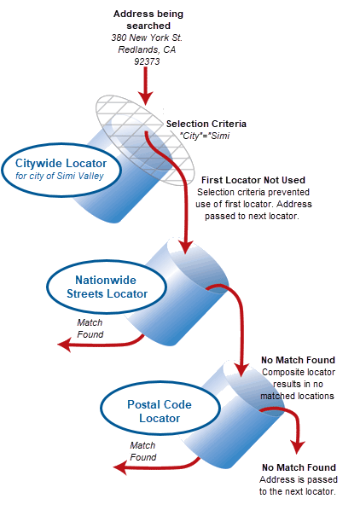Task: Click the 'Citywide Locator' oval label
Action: tap(61, 163)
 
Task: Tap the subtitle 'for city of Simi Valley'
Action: tap(61, 177)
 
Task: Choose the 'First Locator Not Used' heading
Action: tap(253, 181)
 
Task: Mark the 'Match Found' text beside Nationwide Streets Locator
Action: tap(90, 328)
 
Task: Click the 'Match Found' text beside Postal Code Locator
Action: tap(142, 451)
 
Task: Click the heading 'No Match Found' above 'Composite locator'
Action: tap(299, 361)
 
